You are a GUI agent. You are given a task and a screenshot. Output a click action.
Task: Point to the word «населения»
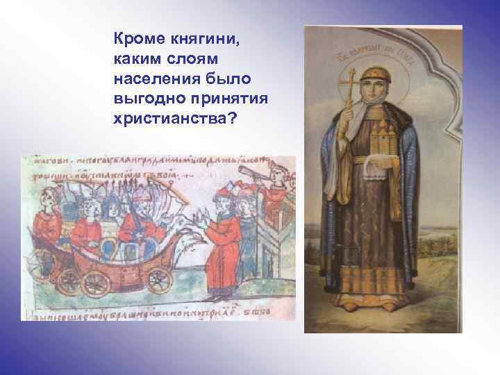coord(156,74)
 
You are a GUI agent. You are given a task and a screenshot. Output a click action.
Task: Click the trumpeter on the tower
coord(278,177)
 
